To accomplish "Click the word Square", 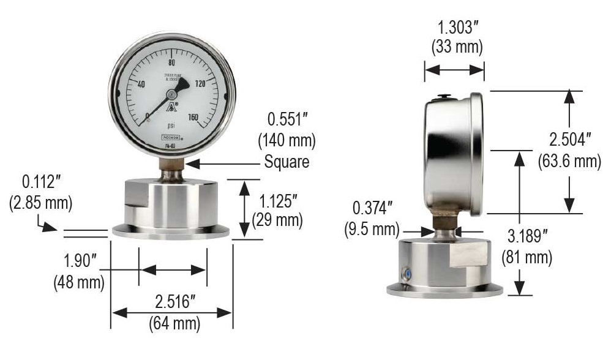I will point(287,162).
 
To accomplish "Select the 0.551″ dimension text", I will point(287,120).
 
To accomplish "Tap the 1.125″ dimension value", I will point(280,201).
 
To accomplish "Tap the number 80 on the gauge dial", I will point(172,63).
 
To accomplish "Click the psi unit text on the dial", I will point(172,127).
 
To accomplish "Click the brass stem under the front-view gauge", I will point(172,166).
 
